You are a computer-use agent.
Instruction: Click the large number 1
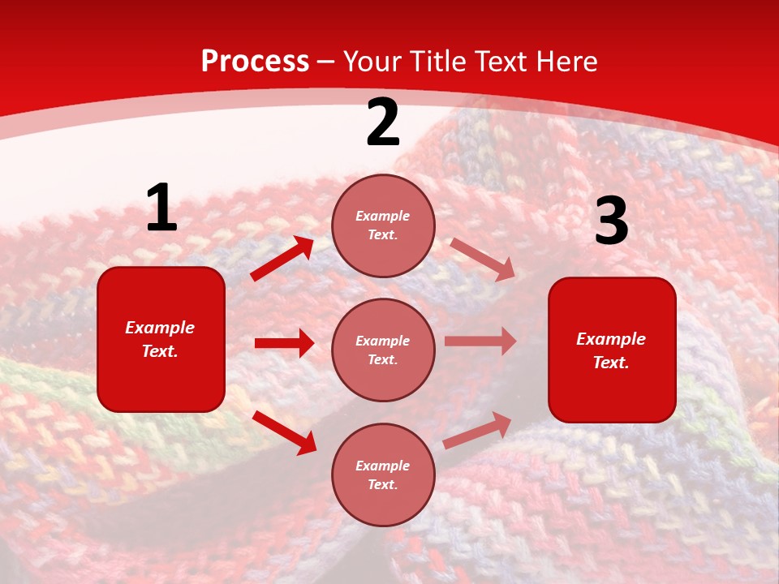[x=161, y=208]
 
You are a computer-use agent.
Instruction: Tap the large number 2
[x=383, y=122]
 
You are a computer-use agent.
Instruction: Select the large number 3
[x=611, y=221]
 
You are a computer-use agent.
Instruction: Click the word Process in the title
[x=255, y=61]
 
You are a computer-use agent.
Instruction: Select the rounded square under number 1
[x=161, y=339]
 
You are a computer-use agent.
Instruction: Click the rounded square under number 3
[x=612, y=350]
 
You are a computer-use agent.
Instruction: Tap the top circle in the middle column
[x=383, y=225]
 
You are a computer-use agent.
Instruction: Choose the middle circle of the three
[x=383, y=350]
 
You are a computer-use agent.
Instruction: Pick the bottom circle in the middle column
[x=383, y=474]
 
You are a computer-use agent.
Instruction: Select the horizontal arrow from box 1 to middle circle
[x=284, y=343]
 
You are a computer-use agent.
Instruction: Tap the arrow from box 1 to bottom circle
[x=284, y=432]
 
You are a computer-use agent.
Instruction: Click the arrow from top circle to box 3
[x=482, y=259]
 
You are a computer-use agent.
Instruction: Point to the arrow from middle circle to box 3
[x=480, y=341]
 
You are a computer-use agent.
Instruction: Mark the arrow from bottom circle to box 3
[x=477, y=431]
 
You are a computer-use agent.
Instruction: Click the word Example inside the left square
[x=160, y=328]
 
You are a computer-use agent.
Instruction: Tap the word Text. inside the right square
[x=611, y=363]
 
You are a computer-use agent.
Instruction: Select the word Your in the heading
[x=372, y=61]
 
